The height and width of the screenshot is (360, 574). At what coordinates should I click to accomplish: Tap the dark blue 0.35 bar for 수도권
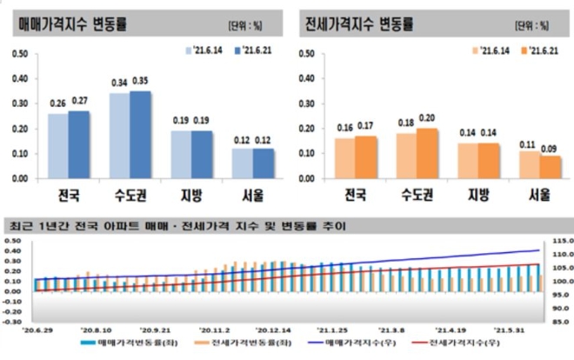140,135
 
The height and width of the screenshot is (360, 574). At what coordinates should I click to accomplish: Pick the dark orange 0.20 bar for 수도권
427,153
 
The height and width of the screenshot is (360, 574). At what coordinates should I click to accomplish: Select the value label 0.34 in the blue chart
119,83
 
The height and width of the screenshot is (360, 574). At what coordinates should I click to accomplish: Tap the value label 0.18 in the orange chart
406,123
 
